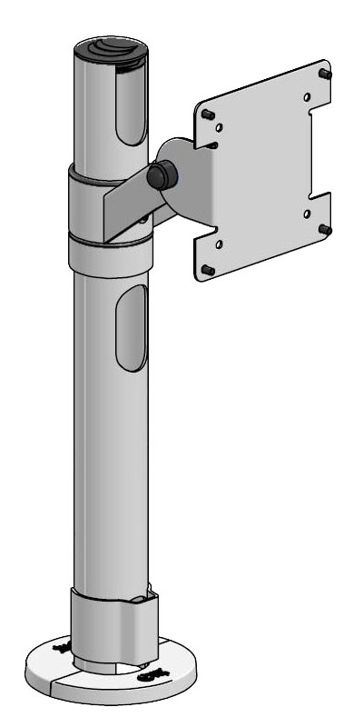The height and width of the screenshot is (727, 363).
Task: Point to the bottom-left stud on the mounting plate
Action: (207, 269)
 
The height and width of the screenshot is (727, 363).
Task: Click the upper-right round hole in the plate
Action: (307, 97)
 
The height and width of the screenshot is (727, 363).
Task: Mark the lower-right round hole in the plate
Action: (308, 214)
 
